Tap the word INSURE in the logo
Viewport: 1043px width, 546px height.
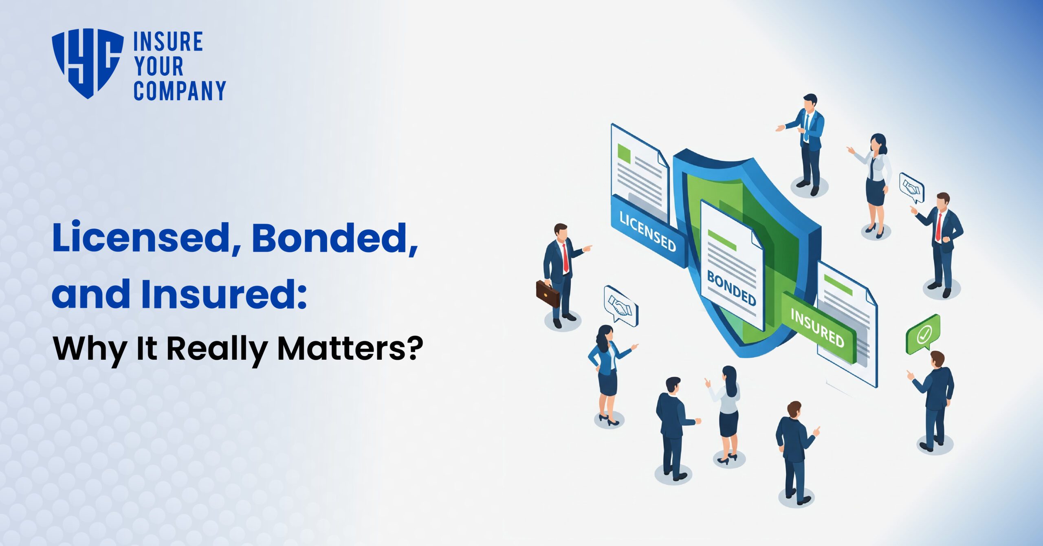tap(168, 42)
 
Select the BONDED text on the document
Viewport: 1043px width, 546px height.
tap(731, 288)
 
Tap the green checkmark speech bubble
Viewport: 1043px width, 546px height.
tap(923, 334)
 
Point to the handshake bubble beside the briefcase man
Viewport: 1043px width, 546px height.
tap(621, 306)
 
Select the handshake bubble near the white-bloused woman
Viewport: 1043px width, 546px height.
tap(912, 188)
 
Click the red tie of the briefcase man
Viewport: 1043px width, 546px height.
tap(566, 257)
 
